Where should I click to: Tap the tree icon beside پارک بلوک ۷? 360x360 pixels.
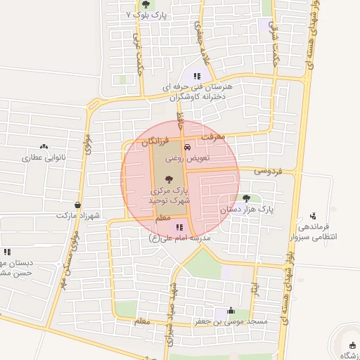tap(146, 4)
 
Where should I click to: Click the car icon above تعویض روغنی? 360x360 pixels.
tap(187, 148)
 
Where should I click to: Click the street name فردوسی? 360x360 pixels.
tap(268, 171)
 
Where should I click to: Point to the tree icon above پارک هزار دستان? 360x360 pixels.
tap(246, 198)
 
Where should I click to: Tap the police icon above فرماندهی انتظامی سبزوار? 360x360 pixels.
tap(312, 215)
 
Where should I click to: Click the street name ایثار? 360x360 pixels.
tap(255, 288)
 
